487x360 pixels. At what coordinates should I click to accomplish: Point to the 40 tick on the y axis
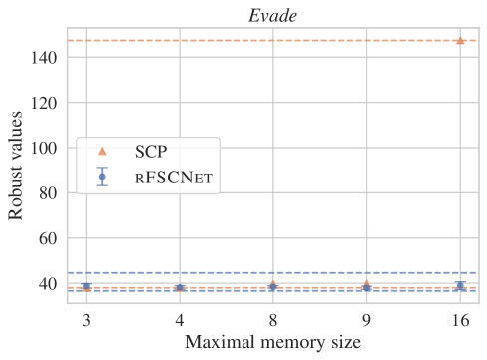coord(46,284)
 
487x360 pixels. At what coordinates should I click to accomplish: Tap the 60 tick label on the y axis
coord(46,239)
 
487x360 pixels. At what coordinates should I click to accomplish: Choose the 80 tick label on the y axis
coord(46,193)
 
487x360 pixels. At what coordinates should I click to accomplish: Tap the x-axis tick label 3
coord(85,321)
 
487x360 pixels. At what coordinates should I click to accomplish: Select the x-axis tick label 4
coord(179,321)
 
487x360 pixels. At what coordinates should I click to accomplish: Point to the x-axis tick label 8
coord(272,321)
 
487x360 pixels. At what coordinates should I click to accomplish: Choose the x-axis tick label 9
coord(366,321)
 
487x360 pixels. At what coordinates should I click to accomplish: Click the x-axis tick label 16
coord(460,321)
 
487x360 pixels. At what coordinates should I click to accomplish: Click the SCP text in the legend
coord(153,152)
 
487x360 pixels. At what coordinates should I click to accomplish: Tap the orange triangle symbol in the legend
coord(102,152)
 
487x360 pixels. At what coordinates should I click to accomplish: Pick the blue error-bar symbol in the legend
coord(102,178)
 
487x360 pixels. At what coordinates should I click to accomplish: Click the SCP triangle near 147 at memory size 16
coord(460,41)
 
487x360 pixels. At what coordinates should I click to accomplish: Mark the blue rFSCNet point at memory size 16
coord(460,286)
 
